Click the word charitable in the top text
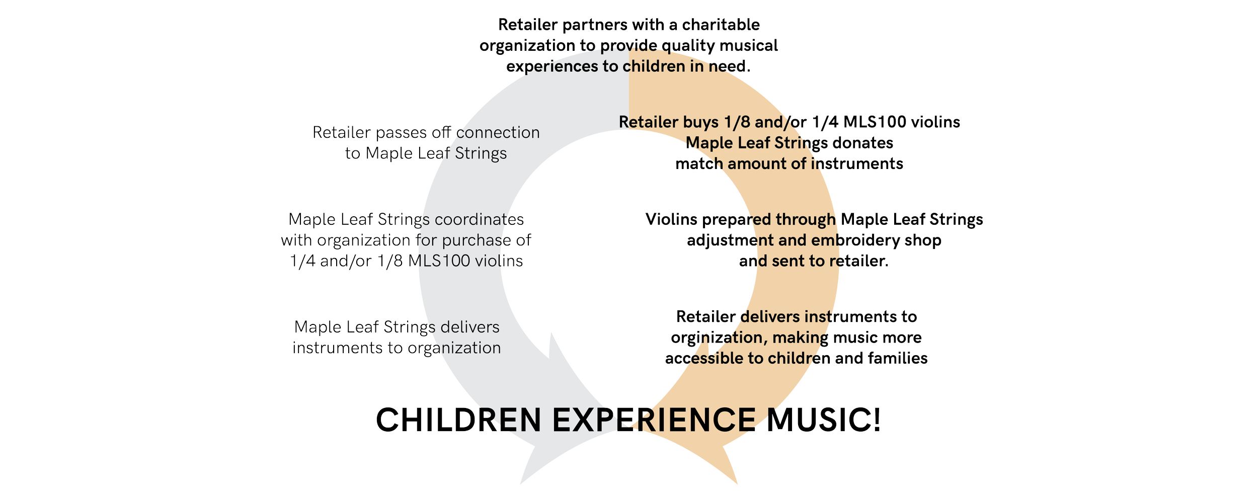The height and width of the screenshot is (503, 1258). point(721,25)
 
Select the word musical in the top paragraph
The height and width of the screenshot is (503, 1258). point(749,46)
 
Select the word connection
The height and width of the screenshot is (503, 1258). point(498,132)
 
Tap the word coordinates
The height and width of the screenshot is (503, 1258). point(479,220)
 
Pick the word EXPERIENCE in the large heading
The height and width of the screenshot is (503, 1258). point(654,421)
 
